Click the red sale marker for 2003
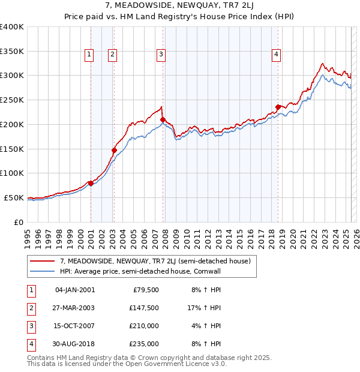pos(114,150)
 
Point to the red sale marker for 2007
pos(163,119)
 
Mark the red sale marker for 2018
pos(278,107)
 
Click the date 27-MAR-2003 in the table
pos(75,308)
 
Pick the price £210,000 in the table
pos(144,326)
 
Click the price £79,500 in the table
pos(146,290)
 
